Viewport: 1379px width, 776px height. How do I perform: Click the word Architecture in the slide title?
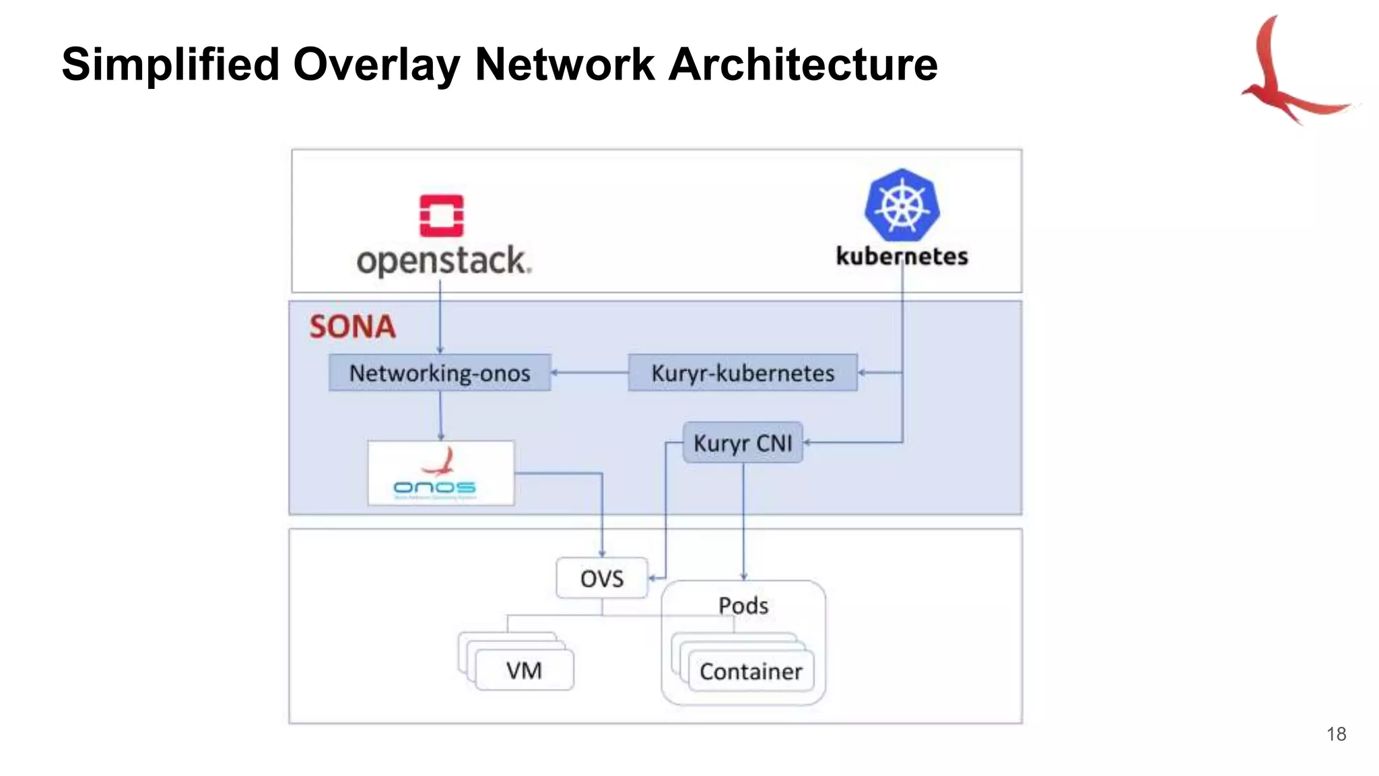click(x=803, y=65)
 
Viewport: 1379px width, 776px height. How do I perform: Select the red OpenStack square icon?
click(x=441, y=216)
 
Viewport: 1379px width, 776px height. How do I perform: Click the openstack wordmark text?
click(x=444, y=261)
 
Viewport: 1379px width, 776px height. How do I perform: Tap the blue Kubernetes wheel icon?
click(x=902, y=205)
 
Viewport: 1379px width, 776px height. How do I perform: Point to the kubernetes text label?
click(x=902, y=257)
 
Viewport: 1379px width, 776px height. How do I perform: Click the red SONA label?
click(x=352, y=327)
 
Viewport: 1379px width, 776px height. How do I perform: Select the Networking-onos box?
click(x=440, y=373)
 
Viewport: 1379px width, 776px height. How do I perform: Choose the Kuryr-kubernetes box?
click(x=743, y=373)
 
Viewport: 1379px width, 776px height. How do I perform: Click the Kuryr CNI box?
click(x=743, y=443)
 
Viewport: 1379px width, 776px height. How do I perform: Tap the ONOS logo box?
click(x=440, y=473)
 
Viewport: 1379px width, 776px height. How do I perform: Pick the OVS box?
click(x=602, y=578)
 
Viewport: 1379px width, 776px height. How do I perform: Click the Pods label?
click(x=743, y=606)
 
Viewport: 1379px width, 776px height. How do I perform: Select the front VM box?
click(x=525, y=670)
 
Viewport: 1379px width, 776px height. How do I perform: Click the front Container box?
click(x=751, y=671)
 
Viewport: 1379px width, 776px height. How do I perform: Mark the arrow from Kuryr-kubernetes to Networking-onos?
click(x=589, y=373)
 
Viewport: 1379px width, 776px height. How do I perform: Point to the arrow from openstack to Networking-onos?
click(x=440, y=317)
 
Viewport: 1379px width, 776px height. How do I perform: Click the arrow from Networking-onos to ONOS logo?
click(x=440, y=415)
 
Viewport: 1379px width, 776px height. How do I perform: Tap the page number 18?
click(x=1336, y=734)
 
